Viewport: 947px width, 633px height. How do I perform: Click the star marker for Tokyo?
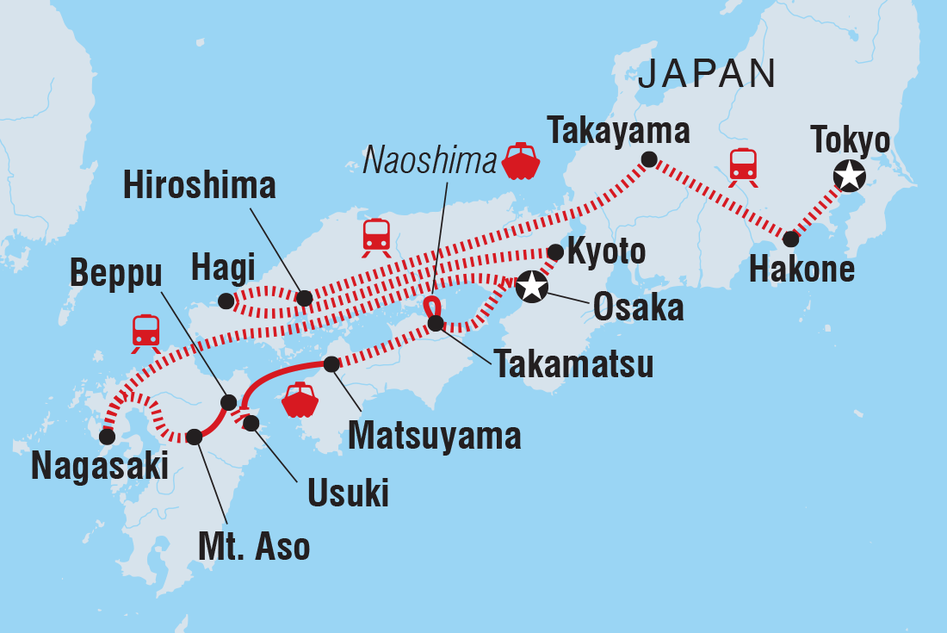[x=849, y=177]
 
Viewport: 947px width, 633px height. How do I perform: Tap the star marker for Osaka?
[x=532, y=286]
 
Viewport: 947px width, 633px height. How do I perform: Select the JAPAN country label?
[x=707, y=75]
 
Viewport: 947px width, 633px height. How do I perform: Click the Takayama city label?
[x=619, y=132]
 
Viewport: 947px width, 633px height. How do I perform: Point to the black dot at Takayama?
[x=649, y=159]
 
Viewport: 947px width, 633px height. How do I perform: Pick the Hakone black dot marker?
[x=790, y=239]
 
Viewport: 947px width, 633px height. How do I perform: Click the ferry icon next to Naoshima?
[x=521, y=161]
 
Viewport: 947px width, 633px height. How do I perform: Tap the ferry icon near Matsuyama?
[x=300, y=399]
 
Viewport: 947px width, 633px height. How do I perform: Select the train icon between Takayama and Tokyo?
[x=742, y=166]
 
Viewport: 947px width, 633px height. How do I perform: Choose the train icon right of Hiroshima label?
[x=376, y=237]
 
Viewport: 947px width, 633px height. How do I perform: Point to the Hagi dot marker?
[x=226, y=301]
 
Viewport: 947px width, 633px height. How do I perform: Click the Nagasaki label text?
[x=100, y=466]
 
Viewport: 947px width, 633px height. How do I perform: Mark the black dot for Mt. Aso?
[x=195, y=438]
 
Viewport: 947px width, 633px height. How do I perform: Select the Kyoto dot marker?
[x=555, y=251]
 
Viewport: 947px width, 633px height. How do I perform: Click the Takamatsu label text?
[x=573, y=364]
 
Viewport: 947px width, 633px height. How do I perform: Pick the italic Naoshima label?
[x=430, y=159]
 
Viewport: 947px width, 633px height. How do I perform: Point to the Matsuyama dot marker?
[x=331, y=364]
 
